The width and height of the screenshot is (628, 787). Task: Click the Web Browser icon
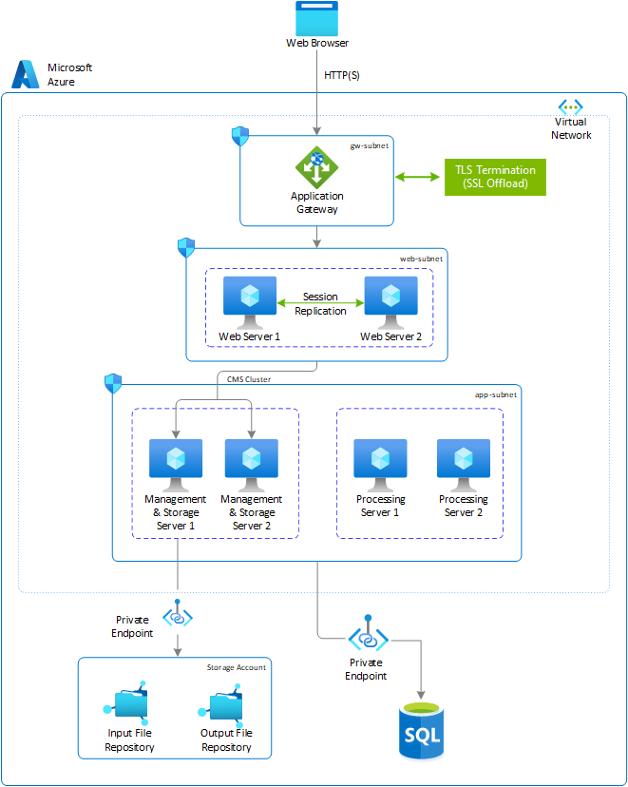coord(316,18)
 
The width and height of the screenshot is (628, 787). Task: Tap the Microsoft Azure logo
coord(25,74)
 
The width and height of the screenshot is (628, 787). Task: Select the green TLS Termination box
coord(494,177)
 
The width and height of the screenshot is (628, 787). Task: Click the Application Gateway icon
coord(316,167)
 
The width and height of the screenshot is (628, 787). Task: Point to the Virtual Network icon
coord(570,106)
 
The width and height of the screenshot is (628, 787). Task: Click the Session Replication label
coord(320,304)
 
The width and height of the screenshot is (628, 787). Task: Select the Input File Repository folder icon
coord(128,703)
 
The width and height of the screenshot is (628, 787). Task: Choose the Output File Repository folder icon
coord(225,703)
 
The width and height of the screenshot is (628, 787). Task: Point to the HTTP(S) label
coord(342,74)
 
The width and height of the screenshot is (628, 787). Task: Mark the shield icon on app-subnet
coord(113,382)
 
